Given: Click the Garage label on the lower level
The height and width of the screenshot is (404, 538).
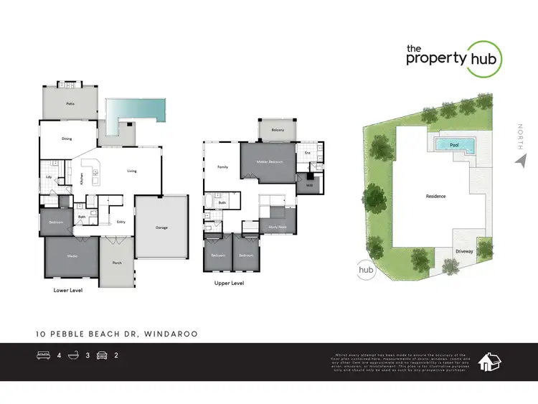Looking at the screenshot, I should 161,227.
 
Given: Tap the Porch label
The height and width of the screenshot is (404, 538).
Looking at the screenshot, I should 117,263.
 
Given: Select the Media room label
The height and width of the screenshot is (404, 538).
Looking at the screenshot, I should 72,255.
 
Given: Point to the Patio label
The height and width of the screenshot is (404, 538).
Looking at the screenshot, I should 70,105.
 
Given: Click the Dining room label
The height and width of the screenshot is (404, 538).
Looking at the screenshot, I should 67,138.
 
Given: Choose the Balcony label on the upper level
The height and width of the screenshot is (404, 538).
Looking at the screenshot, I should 278,129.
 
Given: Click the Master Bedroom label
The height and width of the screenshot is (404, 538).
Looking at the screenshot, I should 270,162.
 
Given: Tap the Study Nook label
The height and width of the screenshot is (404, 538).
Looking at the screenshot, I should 278,227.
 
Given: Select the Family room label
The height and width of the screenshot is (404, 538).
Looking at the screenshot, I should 222,167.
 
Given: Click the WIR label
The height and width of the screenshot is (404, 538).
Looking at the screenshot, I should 309,185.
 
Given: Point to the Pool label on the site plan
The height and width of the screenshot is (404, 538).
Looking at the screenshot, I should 453,146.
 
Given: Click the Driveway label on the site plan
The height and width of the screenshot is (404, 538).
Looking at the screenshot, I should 463,251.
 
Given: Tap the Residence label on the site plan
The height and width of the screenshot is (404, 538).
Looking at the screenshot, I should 435,196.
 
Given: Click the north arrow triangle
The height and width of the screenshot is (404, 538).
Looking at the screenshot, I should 520,163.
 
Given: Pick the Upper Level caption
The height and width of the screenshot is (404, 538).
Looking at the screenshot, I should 230,283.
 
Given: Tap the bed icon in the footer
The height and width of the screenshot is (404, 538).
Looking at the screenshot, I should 43,355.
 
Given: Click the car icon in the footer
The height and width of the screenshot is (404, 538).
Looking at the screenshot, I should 102,355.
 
